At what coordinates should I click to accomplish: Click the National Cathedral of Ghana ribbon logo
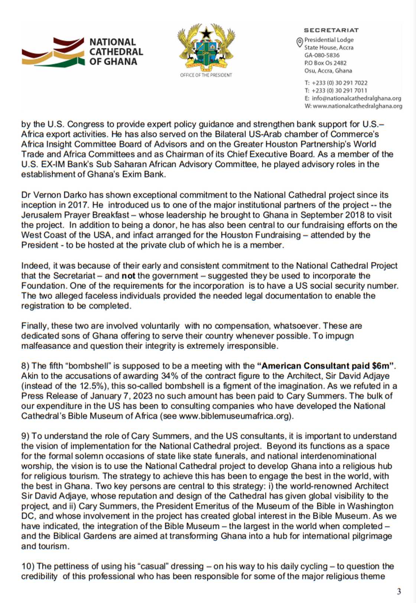[53, 52]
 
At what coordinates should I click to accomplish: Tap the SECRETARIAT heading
[331, 30]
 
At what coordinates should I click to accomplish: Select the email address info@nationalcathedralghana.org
[356, 99]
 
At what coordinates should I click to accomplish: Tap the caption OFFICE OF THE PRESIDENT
[206, 75]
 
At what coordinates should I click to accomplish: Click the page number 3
[399, 591]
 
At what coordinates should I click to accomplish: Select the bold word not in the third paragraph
[128, 276]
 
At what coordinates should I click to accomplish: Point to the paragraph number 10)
[27, 567]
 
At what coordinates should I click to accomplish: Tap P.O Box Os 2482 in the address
[325, 63]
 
